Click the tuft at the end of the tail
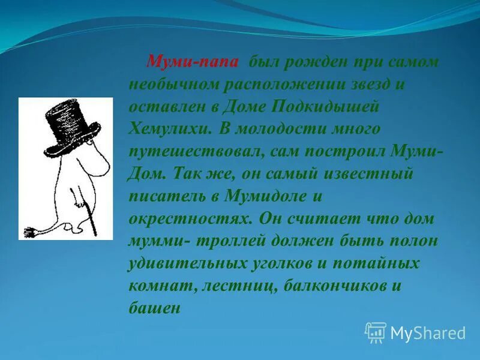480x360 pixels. click(x=29, y=232)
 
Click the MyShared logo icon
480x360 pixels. click(x=376, y=332)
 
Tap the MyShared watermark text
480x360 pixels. click(x=428, y=333)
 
